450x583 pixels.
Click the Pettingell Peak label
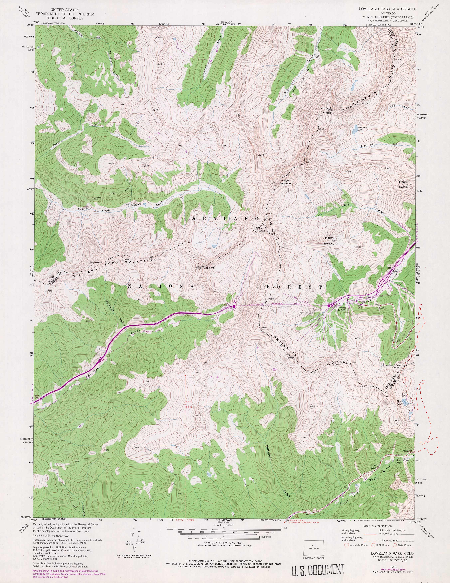click(325, 110)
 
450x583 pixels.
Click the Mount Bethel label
click(403, 184)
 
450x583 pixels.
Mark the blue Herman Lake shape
click(355, 129)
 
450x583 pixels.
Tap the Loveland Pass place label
click(392, 365)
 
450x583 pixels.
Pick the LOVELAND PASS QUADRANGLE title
click(387, 9)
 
